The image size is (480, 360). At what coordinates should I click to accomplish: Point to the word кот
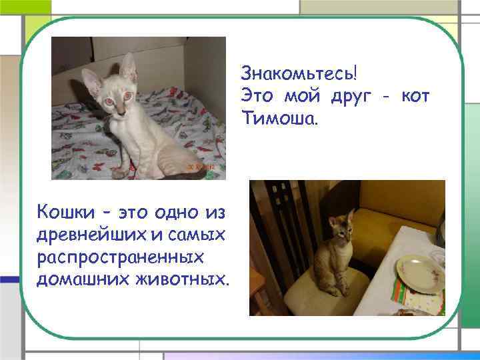click(x=415, y=95)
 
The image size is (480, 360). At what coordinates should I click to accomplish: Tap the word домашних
click(x=79, y=277)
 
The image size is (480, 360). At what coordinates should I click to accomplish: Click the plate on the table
click(x=420, y=272)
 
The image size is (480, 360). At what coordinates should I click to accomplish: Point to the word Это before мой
click(x=257, y=95)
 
